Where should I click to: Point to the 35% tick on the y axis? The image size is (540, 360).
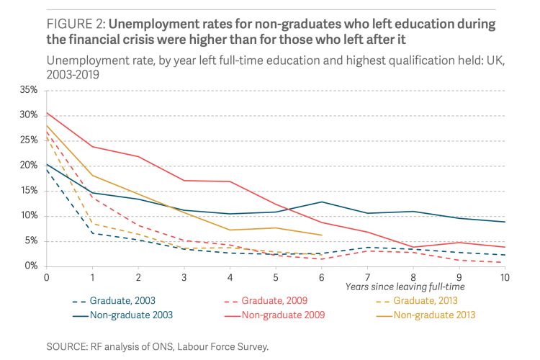click(x=28, y=90)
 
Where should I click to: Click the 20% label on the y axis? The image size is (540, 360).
click(x=28, y=166)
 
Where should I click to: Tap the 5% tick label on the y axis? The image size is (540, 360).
click(x=31, y=241)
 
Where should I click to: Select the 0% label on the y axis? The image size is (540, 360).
click(x=31, y=266)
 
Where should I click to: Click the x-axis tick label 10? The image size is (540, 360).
click(x=504, y=276)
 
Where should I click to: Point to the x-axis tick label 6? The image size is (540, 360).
click(x=321, y=276)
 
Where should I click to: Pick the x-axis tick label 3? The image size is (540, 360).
click(x=184, y=276)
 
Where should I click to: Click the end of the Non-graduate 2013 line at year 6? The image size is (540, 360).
click(x=321, y=235)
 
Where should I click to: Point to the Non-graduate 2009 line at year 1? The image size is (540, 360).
click(x=93, y=147)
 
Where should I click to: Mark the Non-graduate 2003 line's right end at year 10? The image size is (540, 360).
click(x=504, y=222)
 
